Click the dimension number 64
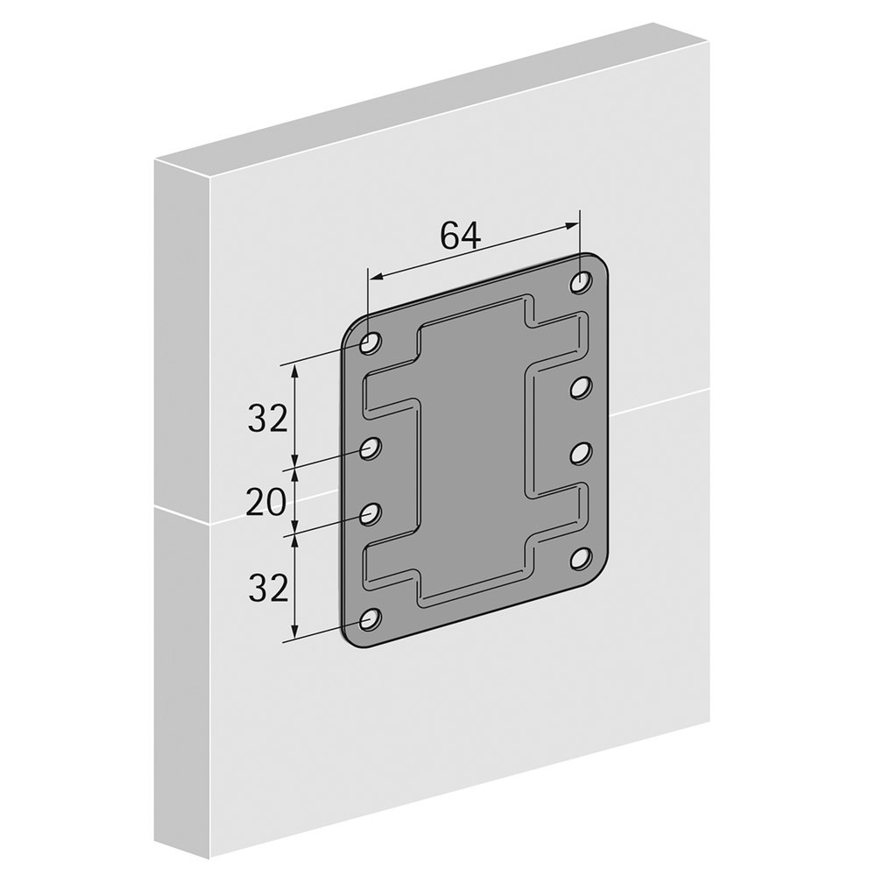tap(460, 235)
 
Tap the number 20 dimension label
tap(266, 504)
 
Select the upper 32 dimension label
tap(267, 419)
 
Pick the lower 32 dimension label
tap(267, 589)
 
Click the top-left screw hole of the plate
tap(370, 343)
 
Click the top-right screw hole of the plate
tap(582, 281)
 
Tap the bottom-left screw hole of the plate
tap(370, 619)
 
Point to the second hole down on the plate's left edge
tap(370, 448)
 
